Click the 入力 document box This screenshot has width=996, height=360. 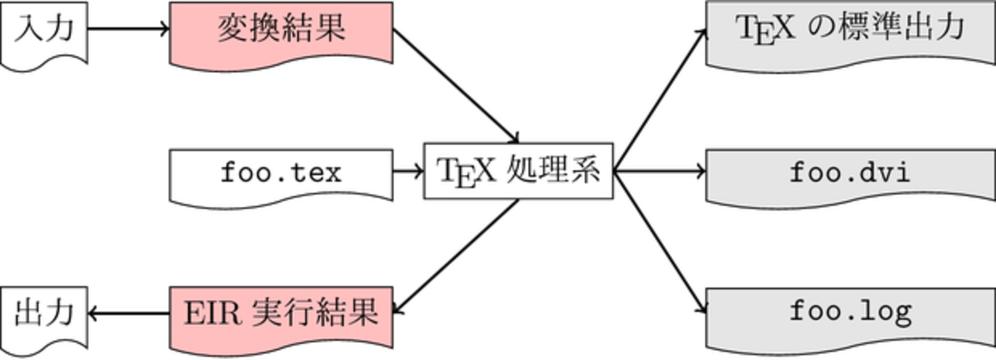(44, 31)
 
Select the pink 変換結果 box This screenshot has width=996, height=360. (281, 31)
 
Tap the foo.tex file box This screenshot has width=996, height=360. (281, 172)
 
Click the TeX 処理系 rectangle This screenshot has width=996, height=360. (519, 170)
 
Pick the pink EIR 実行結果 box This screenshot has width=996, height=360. (281, 313)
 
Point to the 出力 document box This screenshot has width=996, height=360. (44, 313)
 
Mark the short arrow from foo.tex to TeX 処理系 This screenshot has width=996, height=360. (408, 171)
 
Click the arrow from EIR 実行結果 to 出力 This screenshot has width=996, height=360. (129, 313)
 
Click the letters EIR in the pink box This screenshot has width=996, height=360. (211, 313)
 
